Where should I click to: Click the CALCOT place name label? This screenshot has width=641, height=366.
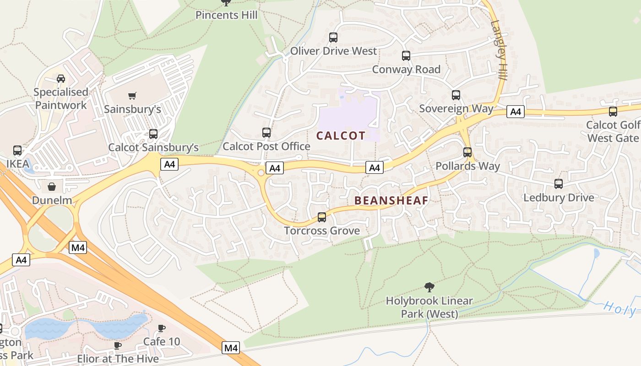click(341, 135)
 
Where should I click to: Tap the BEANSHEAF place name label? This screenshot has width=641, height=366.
click(391, 200)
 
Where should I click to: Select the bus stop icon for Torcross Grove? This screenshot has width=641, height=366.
click(322, 217)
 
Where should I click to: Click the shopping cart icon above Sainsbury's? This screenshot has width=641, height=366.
click(132, 96)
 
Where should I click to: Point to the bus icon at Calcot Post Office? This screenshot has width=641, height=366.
click(266, 133)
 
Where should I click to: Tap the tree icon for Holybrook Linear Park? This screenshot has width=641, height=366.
click(429, 287)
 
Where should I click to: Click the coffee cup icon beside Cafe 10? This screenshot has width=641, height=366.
click(161, 328)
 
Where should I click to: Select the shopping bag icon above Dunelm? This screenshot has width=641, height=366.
click(52, 187)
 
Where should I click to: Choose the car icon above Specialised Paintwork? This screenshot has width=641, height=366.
click(61, 79)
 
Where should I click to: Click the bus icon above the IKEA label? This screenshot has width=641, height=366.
click(17, 150)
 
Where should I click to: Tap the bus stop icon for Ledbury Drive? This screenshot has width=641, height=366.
click(559, 184)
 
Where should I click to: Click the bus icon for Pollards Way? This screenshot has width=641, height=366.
click(467, 152)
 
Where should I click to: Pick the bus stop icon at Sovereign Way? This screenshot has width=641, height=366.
click(456, 95)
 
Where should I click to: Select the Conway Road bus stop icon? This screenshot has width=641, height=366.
click(406, 56)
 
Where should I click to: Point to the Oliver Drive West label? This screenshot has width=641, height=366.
click(333, 51)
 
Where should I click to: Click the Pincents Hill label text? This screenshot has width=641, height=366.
click(226, 15)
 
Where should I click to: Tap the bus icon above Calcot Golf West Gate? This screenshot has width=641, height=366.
click(613, 112)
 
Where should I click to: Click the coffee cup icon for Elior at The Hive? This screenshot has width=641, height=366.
click(118, 345)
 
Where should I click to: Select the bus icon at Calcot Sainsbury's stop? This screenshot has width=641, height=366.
click(153, 134)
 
